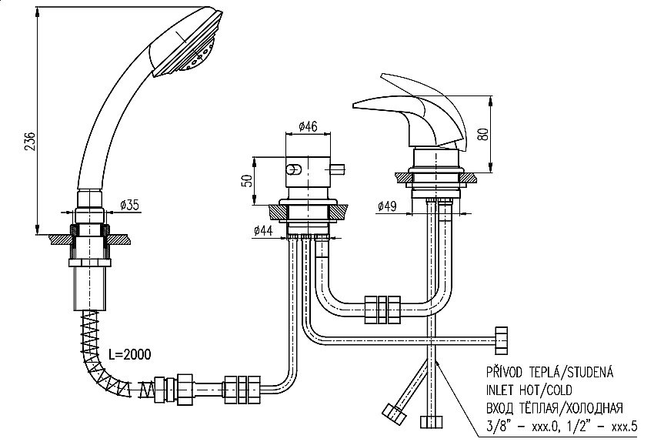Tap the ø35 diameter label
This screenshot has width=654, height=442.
click(x=130, y=205)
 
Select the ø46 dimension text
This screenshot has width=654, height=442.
click(x=309, y=126)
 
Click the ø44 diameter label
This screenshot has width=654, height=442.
click(x=263, y=229)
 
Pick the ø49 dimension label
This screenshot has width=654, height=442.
click(x=388, y=206)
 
